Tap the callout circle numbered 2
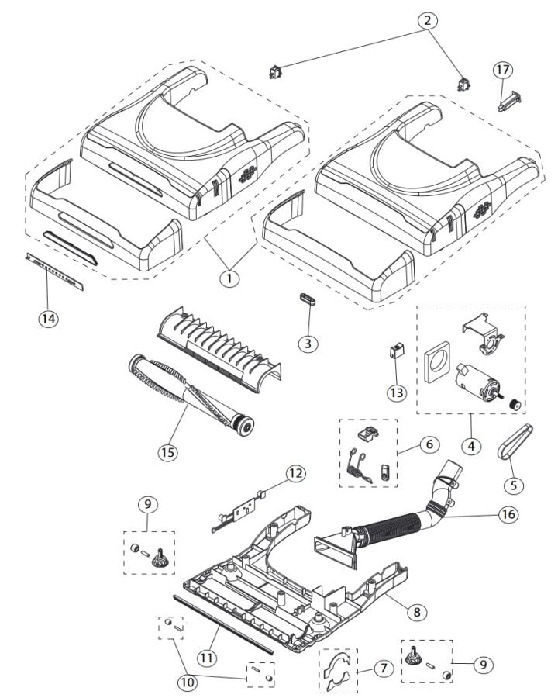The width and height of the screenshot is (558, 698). coord(425,21)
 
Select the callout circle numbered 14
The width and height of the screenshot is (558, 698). coord(50,319)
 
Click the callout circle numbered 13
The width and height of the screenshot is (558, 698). coord(398,392)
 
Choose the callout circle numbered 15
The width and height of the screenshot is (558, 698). coord(168,451)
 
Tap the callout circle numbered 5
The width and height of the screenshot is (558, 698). coord(512,485)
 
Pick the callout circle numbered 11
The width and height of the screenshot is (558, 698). coord(206,657)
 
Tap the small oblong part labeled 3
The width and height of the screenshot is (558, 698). coord(308,299)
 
